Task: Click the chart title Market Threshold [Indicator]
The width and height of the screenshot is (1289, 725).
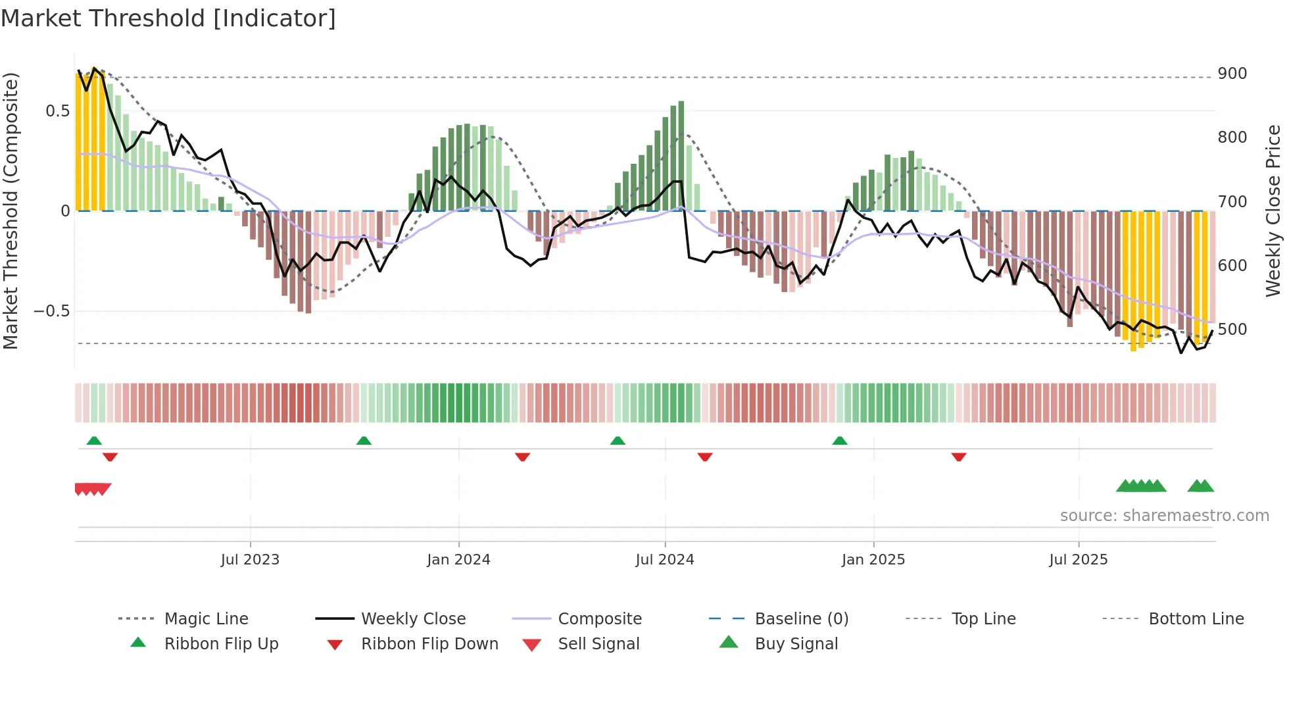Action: [168, 18]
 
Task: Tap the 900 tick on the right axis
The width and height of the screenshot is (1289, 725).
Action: [1232, 74]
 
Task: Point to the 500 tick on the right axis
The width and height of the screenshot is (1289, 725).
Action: [1232, 329]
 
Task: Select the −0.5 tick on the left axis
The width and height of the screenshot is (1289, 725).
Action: [51, 311]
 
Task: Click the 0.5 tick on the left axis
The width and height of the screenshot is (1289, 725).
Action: [57, 111]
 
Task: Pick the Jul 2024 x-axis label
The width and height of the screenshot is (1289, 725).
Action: [664, 560]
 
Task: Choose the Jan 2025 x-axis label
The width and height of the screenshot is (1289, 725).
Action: [873, 560]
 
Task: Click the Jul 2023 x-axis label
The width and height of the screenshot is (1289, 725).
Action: [250, 560]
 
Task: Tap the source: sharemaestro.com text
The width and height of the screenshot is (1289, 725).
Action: [1164, 516]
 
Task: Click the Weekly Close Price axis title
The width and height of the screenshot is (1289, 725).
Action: [1273, 211]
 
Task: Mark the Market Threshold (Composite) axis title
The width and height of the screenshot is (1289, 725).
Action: [11, 211]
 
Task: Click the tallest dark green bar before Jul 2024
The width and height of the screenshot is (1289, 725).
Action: [681, 155]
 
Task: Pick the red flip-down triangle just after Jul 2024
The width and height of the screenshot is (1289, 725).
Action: [705, 457]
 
